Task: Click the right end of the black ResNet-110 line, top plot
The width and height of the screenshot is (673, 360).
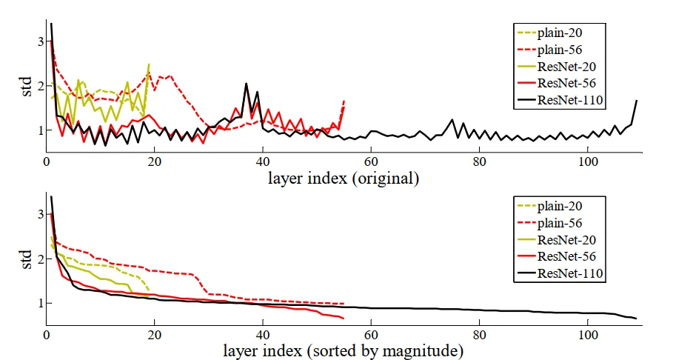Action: [x=637, y=100]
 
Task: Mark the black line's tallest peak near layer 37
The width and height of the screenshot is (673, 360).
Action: [x=246, y=84]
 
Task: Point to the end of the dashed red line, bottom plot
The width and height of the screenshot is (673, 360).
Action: [x=344, y=304]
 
